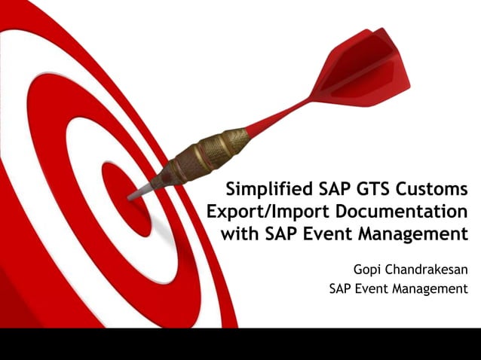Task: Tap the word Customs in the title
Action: click(434, 188)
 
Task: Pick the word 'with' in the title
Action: click(240, 233)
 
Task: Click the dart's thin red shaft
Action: click(279, 117)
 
